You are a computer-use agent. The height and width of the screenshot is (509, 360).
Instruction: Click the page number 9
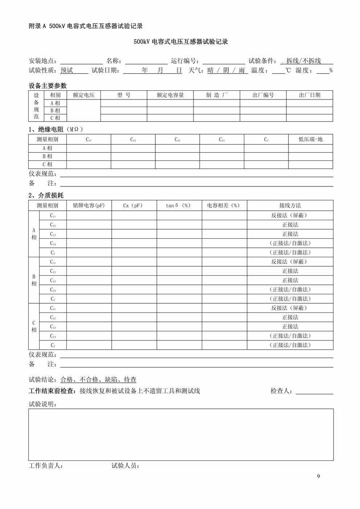pos(318,476)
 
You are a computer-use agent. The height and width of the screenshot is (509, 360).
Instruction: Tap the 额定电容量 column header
pos(170,95)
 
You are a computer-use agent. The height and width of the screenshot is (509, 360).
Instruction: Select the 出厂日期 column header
pos(310,95)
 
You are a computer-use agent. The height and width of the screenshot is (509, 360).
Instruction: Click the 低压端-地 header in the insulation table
pos(310,139)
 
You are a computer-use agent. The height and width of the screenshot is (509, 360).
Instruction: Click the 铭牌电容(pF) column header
pos(89,205)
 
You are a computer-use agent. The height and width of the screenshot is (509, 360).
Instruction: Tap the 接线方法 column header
pos(290,205)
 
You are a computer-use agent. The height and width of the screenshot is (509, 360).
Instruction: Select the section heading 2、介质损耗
pos(46,196)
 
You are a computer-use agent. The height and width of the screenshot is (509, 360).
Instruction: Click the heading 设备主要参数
pos(48,86)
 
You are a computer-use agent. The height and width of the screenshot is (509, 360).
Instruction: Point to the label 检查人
pos(282,391)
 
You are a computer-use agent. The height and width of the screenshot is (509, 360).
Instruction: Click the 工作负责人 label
pos(46,466)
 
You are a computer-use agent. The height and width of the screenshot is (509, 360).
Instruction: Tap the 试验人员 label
pos(126,466)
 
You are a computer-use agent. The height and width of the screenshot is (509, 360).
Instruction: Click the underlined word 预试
pos(67,70)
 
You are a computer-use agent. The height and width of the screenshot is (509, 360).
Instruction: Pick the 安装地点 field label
pos(42,61)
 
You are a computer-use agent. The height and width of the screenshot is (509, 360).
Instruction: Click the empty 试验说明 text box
pos(181,434)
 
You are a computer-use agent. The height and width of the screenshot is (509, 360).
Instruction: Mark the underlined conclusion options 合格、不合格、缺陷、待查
pos(98,380)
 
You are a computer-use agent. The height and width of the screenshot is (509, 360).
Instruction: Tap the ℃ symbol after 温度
pos(288,70)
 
